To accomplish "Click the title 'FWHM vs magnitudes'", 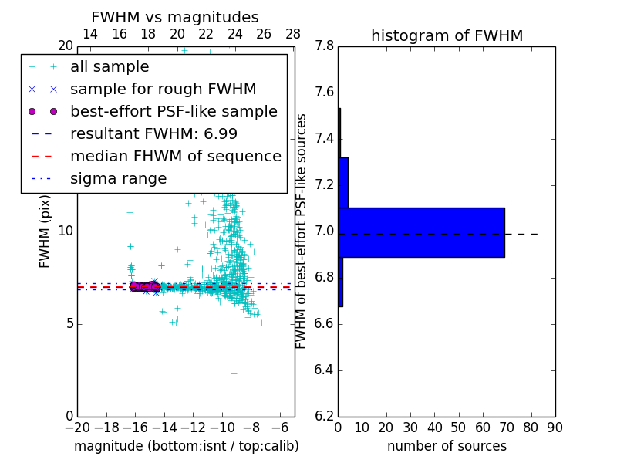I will pos(174,17).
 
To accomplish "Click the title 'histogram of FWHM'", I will pos(447,35).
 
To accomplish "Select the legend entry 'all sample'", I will pos(110,67).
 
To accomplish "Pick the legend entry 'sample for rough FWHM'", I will pos(163,89).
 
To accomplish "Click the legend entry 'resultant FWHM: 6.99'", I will pos(153,133).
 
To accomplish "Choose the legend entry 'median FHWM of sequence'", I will pos(175,156).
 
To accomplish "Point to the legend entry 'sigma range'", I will pos(118,178).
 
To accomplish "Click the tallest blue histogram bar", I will pos(422,232).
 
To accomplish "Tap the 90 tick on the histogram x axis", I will pos(555,428).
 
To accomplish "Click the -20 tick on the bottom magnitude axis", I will pos(77,428).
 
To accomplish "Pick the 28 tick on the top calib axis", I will pos(293,34).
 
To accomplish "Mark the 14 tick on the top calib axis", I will pos(89,34).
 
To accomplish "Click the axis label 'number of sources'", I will pos(447,446).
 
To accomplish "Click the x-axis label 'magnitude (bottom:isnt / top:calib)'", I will pos(186,446).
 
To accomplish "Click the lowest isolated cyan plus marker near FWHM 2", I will pos(234,373).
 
